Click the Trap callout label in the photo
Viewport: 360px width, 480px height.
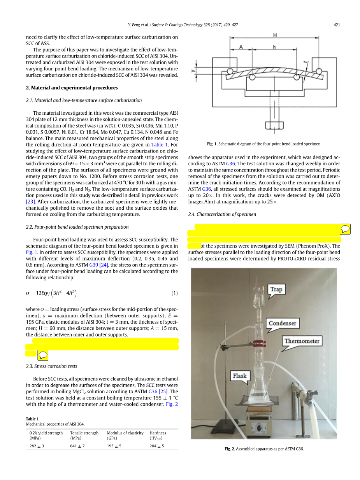276,289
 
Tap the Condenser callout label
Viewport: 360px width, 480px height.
283,323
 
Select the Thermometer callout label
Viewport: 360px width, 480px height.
302,341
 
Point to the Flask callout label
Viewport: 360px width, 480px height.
240,376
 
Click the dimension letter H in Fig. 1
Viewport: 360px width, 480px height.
275,35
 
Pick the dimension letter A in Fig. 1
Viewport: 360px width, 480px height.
241,47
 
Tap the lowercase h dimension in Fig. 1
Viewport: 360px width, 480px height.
275,47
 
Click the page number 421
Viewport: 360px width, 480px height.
337,25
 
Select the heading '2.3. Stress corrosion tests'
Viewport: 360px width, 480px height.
51,366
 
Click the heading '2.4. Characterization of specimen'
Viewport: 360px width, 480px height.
222,214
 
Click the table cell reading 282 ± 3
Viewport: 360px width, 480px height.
37,446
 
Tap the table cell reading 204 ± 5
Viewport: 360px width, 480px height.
157,446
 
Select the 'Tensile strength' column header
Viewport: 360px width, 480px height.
84,433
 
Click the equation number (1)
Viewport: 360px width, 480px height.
175,293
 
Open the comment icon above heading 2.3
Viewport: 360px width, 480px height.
43,354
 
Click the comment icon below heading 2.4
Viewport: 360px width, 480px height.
345,229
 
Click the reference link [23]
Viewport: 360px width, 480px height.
31,201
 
